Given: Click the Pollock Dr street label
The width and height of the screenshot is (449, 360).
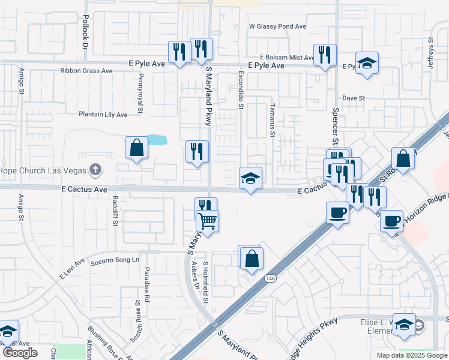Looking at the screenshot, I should click(x=85, y=32).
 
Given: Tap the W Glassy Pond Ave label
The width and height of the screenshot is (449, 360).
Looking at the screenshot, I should click(x=278, y=26).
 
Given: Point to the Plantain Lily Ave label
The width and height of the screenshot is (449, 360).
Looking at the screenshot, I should click(x=103, y=114).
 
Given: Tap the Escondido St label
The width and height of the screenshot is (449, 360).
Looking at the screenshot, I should click(x=241, y=92).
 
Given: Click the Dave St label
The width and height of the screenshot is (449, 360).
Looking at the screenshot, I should click(x=354, y=98).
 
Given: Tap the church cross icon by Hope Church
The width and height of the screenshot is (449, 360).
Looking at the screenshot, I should click(x=94, y=170).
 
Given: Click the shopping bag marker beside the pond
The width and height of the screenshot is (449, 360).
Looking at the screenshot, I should click(x=137, y=147).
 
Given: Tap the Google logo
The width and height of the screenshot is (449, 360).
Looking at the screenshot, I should click(x=20, y=353).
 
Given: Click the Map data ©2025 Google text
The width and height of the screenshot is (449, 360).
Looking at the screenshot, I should click(x=411, y=355).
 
